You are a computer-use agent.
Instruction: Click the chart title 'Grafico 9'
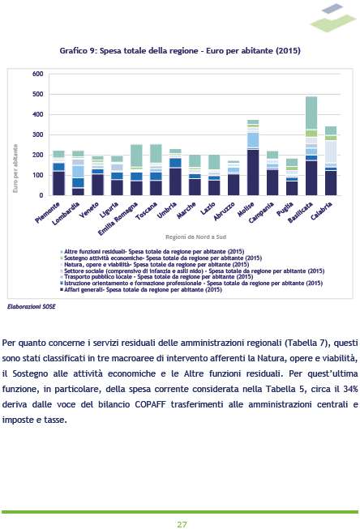pyautogui.click(x=78, y=50)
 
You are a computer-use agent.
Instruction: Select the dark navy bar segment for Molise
pyautogui.click(x=253, y=173)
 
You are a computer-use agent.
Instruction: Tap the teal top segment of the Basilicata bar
pyautogui.click(x=311, y=113)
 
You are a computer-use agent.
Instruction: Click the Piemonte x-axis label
pyautogui.click(x=48, y=212)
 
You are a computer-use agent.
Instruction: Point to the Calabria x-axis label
pyautogui.click(x=321, y=211)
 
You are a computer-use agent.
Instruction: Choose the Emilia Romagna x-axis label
pyautogui.click(x=118, y=219)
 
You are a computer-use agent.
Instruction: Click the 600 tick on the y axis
pyautogui.click(x=38, y=74)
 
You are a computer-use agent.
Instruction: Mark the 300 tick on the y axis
pyautogui.click(x=38, y=134)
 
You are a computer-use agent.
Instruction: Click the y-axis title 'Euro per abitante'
pyautogui.click(x=15, y=169)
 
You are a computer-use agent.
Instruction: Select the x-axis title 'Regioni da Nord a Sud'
pyautogui.click(x=196, y=237)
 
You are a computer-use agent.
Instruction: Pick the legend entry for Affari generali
pyautogui.click(x=141, y=289)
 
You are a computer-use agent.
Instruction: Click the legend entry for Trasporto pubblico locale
pyautogui.click(x=156, y=277)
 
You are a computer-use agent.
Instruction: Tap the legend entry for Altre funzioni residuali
pyautogui.click(x=152, y=251)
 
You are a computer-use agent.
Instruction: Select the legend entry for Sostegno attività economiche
pyautogui.click(x=161, y=258)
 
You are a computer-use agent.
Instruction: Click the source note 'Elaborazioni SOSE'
pyautogui.click(x=32, y=307)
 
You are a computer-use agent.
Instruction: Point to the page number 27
pyautogui.click(x=182, y=524)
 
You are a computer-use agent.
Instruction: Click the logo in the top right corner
pyautogui.click(x=333, y=18)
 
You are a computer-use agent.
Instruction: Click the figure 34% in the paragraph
pyautogui.click(x=350, y=389)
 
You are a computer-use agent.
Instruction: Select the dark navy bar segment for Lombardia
pyautogui.click(x=78, y=192)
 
